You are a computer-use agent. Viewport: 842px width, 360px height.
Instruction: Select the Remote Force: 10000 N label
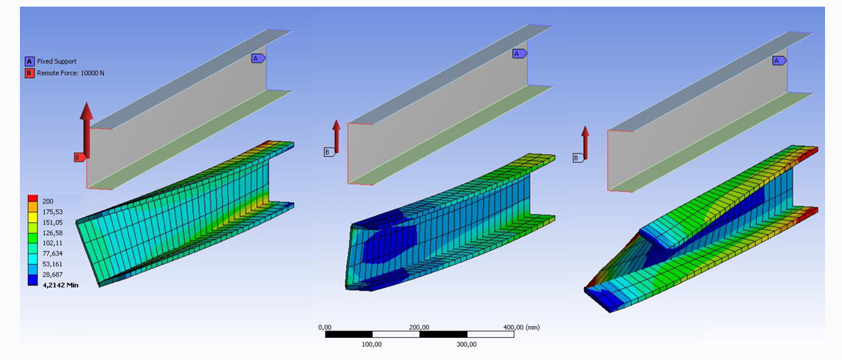tap(70, 73)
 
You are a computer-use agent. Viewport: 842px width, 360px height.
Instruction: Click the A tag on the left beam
tap(258, 58)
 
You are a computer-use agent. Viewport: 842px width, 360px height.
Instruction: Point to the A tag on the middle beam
tap(519, 54)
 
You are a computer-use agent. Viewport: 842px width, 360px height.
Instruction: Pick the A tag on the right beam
tap(779, 60)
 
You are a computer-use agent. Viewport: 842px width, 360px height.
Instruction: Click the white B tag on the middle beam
tap(329, 152)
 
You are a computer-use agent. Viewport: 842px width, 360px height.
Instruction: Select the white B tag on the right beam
tap(578, 158)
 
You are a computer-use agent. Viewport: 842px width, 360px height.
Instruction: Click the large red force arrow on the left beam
tap(86, 130)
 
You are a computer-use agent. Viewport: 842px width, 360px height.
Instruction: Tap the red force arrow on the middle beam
tap(336, 136)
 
